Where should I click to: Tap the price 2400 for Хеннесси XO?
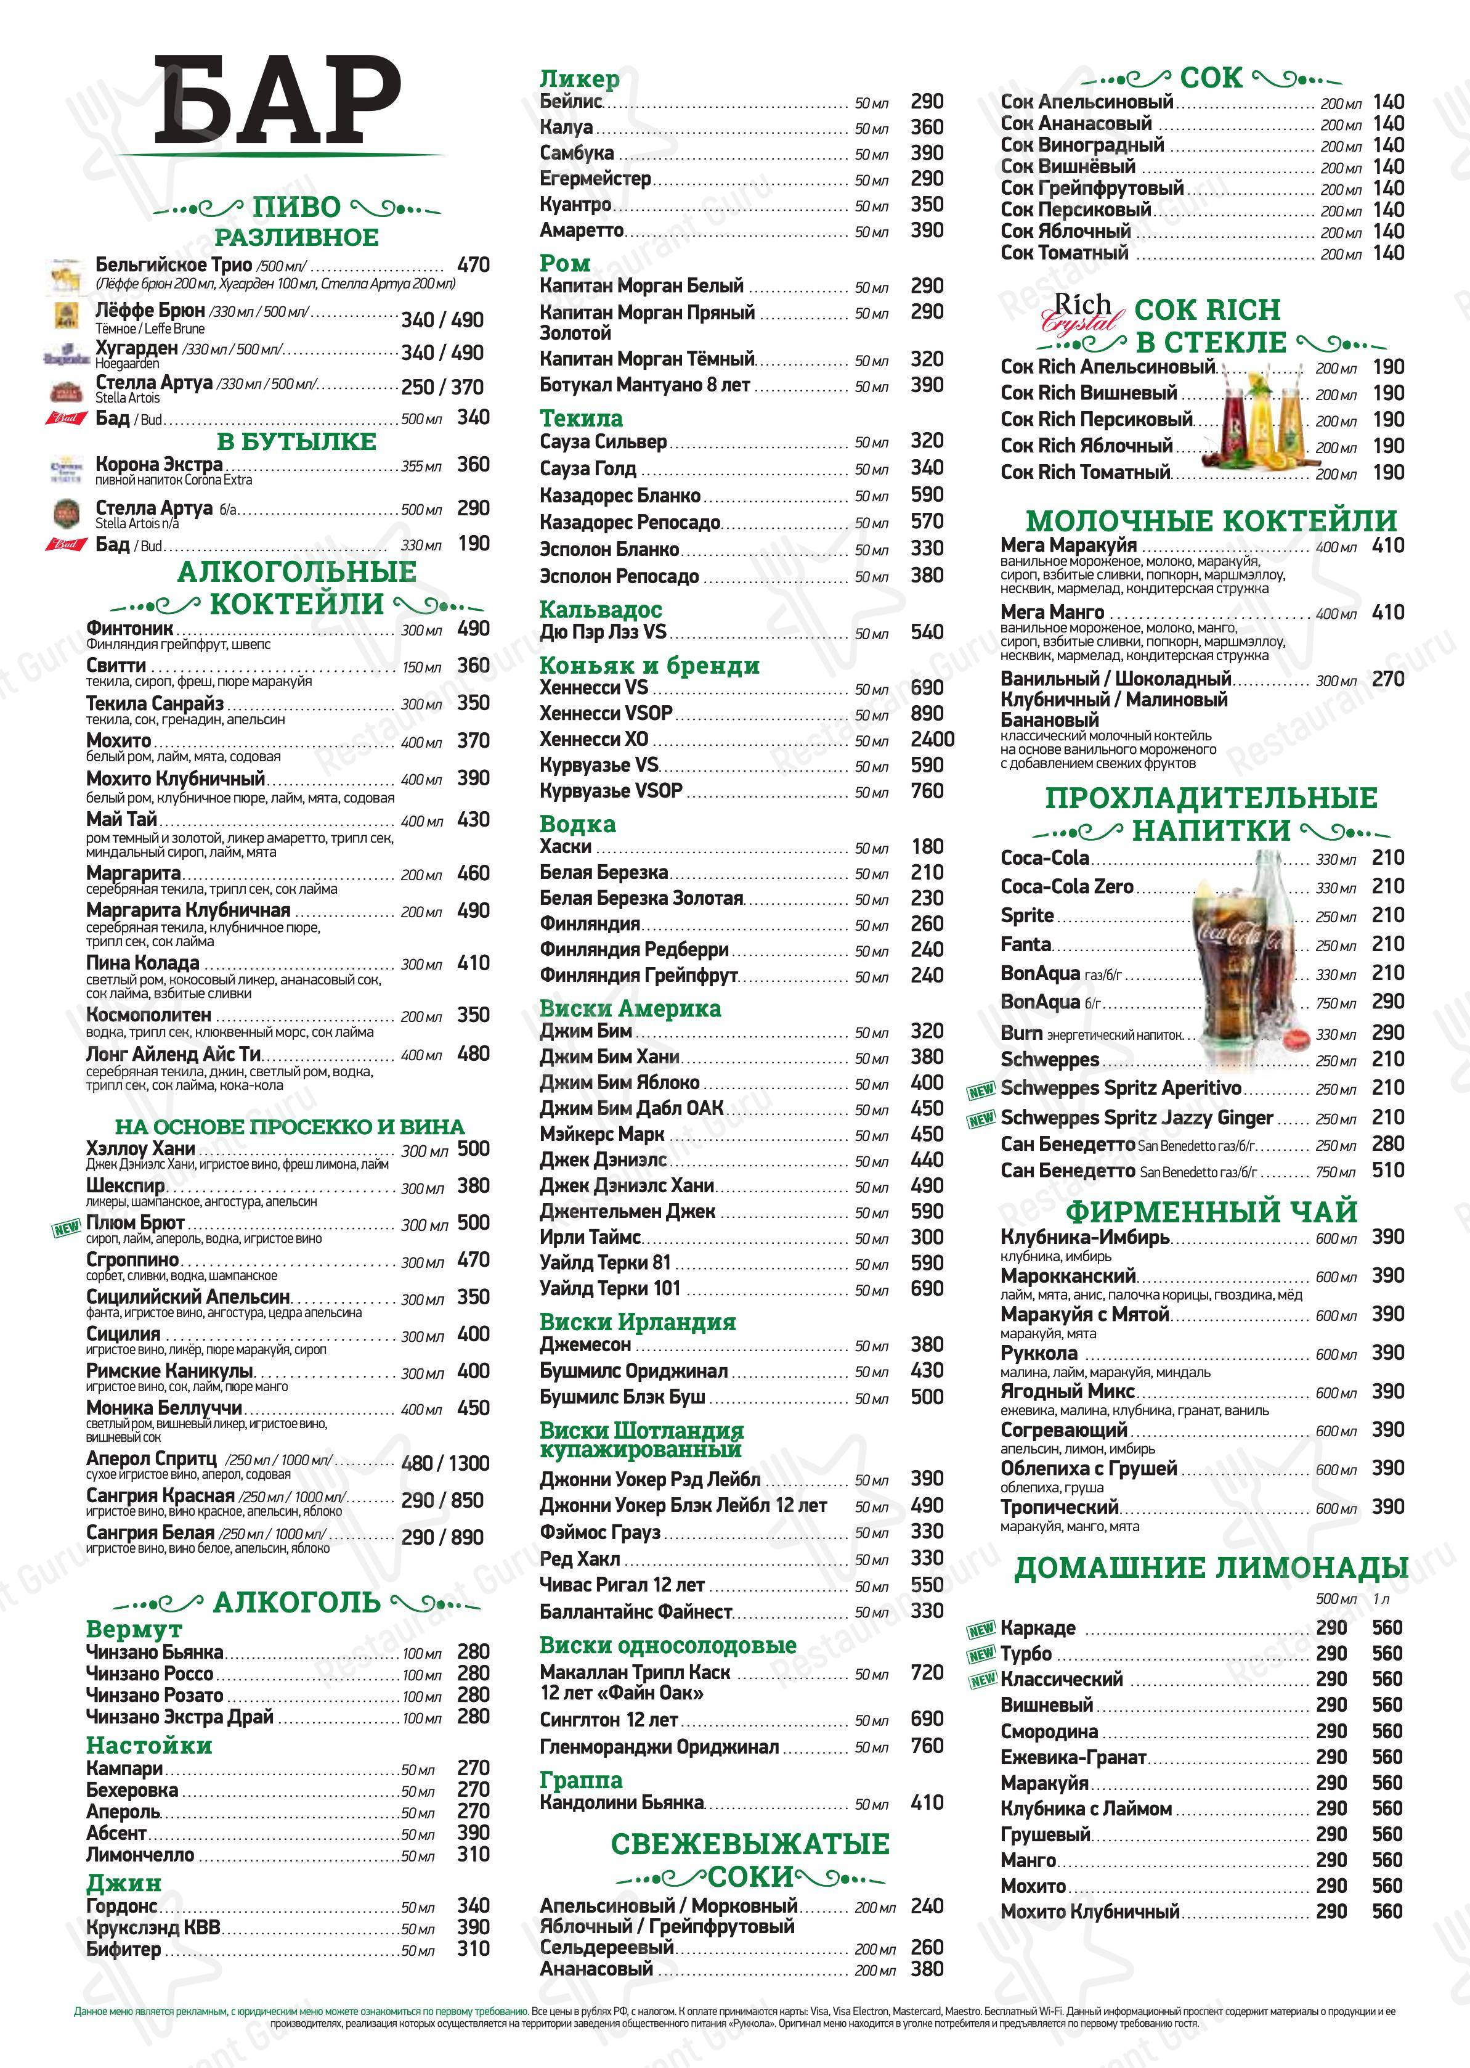click(932, 739)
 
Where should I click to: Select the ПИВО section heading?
click(296, 207)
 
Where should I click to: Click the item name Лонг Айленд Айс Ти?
click(174, 1054)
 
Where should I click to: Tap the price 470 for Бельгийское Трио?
click(473, 265)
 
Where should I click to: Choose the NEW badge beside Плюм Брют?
click(67, 1228)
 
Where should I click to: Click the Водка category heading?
click(577, 824)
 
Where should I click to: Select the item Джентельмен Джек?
click(627, 1211)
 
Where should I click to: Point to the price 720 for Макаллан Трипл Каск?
click(927, 1672)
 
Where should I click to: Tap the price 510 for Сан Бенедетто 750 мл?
click(1387, 1171)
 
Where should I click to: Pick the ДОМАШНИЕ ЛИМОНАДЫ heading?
click(1210, 1568)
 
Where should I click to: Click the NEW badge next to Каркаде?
click(982, 1631)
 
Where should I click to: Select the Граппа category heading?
click(580, 1781)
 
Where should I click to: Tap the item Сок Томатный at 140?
click(1065, 253)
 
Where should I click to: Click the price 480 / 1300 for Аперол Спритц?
click(444, 1463)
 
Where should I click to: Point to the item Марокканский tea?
click(1068, 1276)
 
